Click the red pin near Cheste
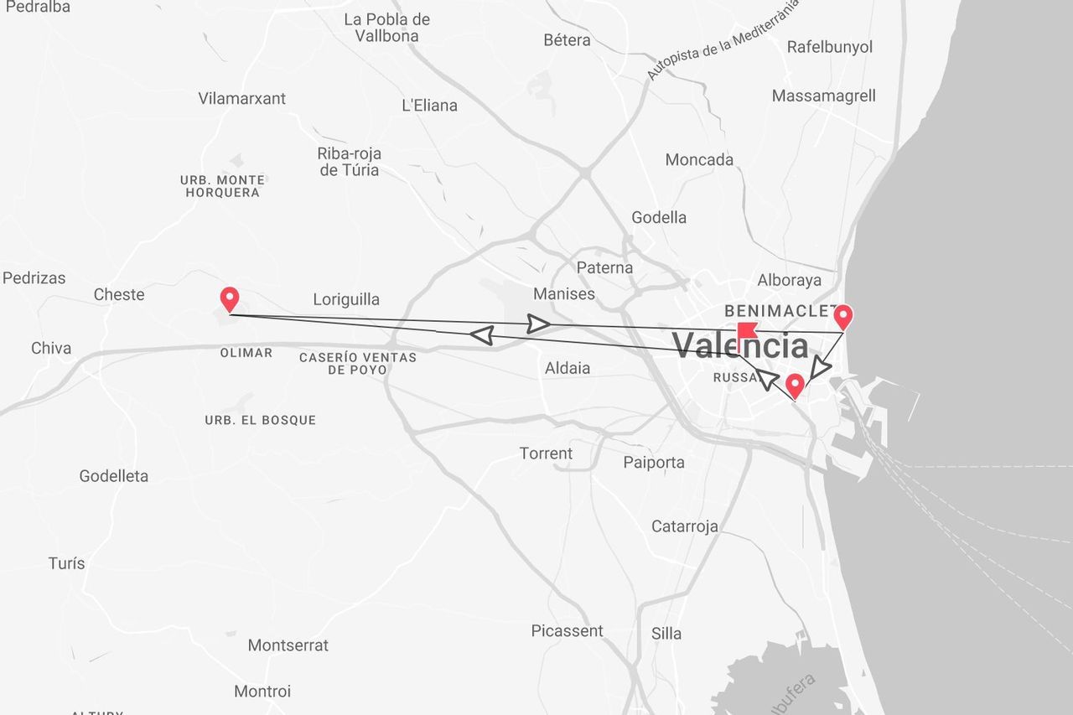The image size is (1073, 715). point(229,298)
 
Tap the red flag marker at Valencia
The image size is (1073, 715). point(745,330)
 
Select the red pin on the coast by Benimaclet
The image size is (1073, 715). point(843,317)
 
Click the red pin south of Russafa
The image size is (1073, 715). point(795,386)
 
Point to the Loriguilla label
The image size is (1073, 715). point(346,299)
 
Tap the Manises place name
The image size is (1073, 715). point(564,294)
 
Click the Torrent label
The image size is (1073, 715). point(546,453)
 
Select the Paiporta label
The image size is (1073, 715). point(654,462)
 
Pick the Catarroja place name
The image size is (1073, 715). point(685,526)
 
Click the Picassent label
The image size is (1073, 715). point(567,631)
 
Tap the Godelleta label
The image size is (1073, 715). point(114,476)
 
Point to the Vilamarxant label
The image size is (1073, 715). point(242,98)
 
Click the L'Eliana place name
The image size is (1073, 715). point(430,106)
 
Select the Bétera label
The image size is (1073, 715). point(567,39)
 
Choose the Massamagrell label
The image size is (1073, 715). point(823,96)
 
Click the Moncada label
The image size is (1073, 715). point(699,159)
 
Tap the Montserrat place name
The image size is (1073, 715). point(288,645)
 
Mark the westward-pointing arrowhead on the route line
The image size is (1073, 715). point(481,335)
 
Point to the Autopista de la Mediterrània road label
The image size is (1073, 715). point(723,39)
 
